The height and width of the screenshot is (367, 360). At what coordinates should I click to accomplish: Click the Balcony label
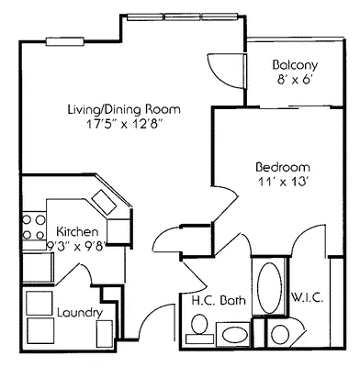coord(296,65)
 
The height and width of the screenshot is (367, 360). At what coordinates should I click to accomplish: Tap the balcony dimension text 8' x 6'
coord(296,82)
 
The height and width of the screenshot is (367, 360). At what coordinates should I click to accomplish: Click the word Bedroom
coord(282,168)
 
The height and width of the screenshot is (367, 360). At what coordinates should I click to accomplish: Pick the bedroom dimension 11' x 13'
coord(282,183)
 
